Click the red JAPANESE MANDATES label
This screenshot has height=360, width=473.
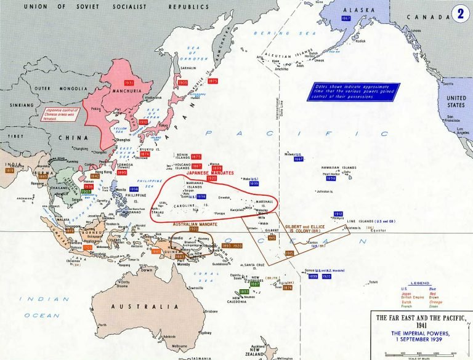click(x=202, y=173)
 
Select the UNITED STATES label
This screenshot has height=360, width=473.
click(x=456, y=102)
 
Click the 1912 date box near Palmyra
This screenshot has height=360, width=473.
click(x=339, y=214)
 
